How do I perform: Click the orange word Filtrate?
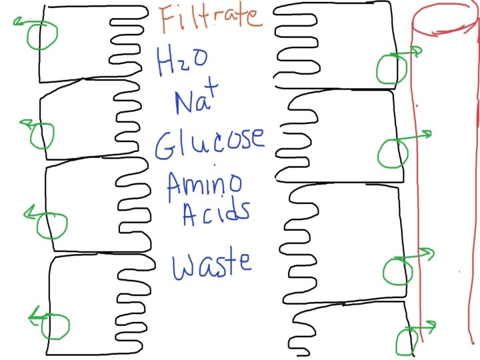[211, 18]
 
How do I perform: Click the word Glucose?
[209, 141]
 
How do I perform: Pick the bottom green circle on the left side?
[56, 325]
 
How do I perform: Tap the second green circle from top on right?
[391, 153]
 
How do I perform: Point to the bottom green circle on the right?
[405, 341]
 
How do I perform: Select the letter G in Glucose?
[167, 144]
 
